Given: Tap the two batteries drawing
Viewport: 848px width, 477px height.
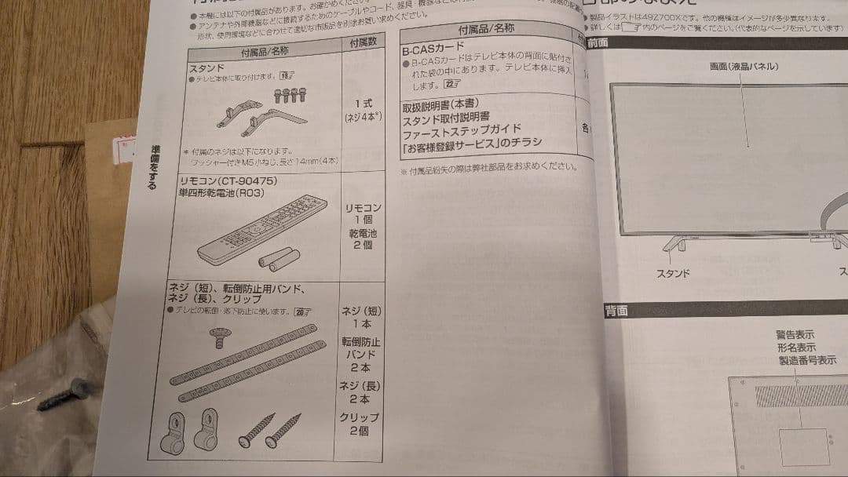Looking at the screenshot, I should point(280,258).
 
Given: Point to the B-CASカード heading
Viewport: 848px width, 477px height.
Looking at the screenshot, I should point(433,48).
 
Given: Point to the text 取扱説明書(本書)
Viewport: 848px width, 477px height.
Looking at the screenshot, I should point(440,104).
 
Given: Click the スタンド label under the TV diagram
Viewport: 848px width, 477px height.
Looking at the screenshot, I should point(673,273).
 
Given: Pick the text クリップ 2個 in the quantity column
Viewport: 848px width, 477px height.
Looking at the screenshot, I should point(360,424).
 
